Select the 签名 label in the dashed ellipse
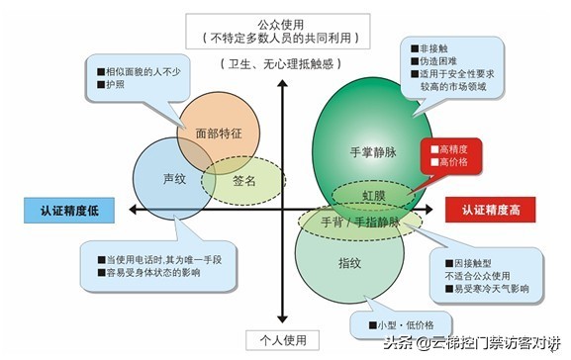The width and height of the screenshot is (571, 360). click(244, 182)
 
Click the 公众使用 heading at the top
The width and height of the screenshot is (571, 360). click(284, 23)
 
